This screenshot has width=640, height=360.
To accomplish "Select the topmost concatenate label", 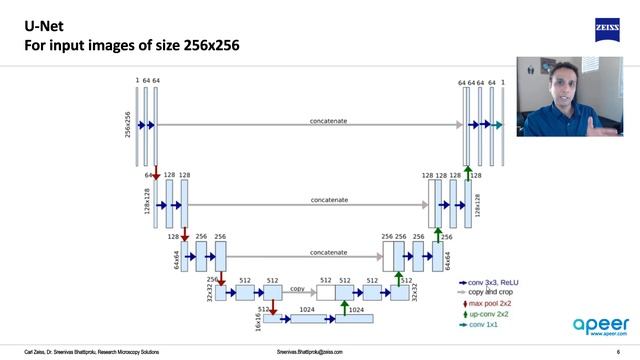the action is pos(329,121).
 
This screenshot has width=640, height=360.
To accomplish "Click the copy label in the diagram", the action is pos(297,288).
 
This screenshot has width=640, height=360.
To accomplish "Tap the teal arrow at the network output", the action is pos(496,126).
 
